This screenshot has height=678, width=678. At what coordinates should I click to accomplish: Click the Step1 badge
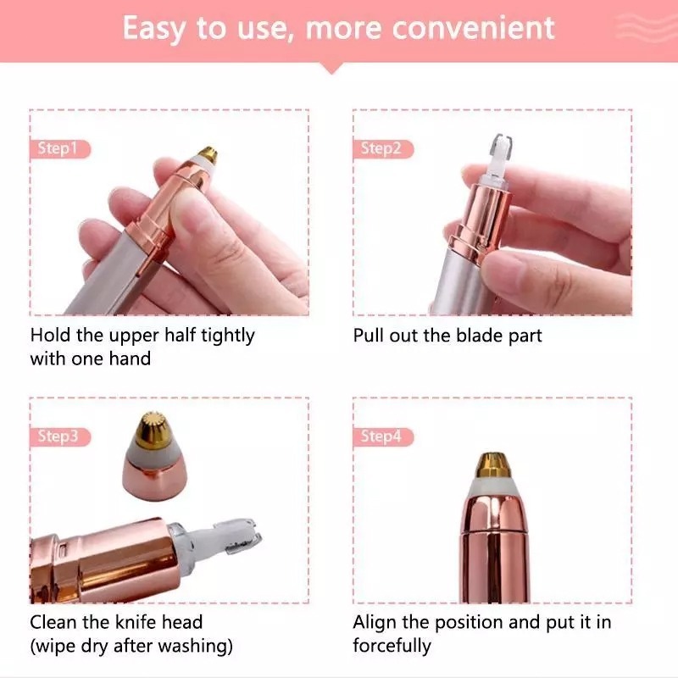point(60,149)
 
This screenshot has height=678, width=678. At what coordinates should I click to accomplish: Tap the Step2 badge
point(383,149)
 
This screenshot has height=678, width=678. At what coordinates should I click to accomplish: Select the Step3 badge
point(60,436)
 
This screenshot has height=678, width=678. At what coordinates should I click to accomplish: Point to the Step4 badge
point(383,436)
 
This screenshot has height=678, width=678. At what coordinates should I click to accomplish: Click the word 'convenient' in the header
point(473,28)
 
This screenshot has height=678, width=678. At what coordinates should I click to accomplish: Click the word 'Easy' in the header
point(155,30)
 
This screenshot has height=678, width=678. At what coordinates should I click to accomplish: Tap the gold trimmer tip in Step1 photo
point(208,154)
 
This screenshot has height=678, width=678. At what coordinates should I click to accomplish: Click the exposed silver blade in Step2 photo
point(501,146)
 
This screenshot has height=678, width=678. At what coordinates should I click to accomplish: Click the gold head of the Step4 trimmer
point(494,466)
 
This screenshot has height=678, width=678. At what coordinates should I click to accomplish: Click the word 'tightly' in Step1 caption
point(228,336)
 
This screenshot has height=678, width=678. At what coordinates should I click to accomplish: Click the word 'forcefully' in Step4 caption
point(392,647)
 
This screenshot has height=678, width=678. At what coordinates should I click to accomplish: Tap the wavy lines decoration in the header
point(646,27)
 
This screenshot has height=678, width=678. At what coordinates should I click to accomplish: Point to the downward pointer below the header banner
point(331,68)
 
